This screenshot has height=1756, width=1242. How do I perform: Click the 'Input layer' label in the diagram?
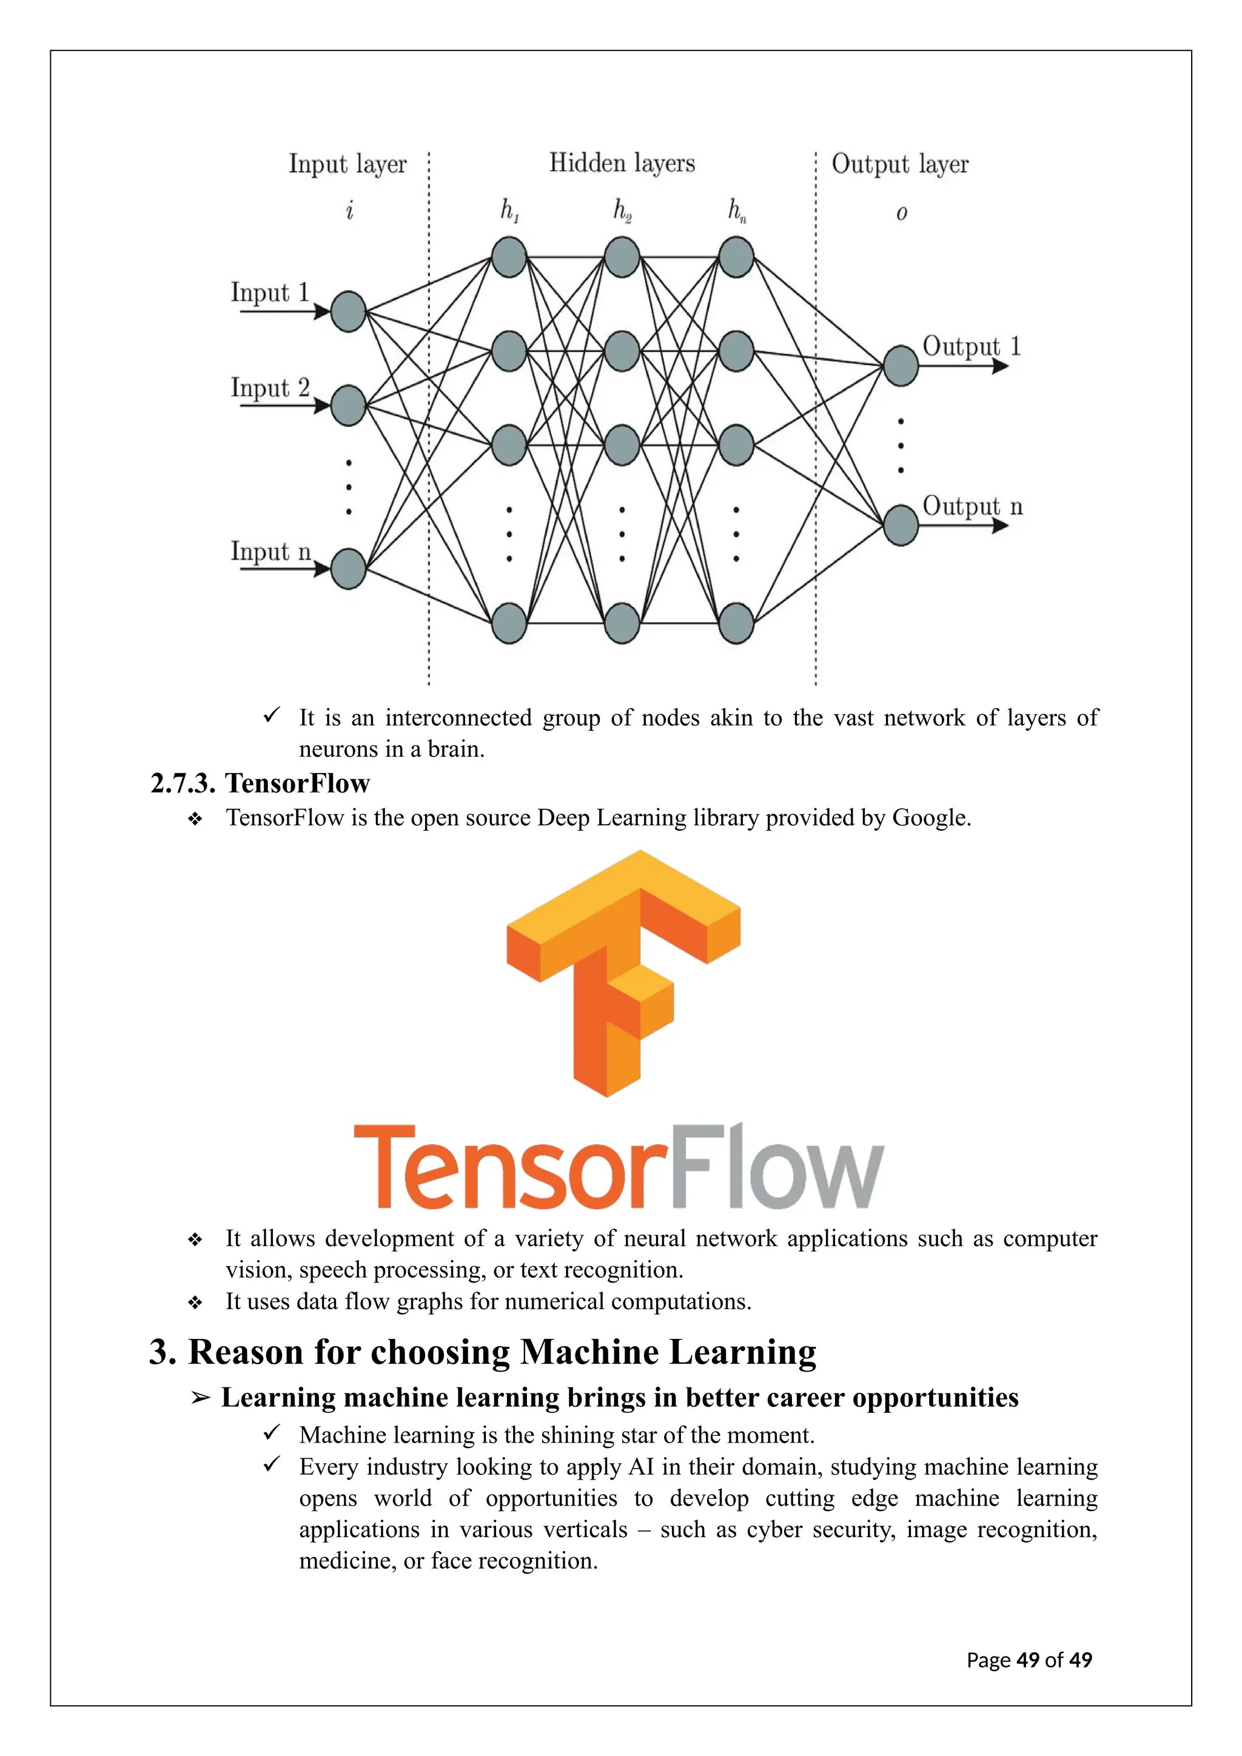(x=347, y=164)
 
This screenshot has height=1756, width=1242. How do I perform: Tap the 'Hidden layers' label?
(x=622, y=163)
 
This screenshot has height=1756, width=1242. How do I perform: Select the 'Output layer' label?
(x=899, y=164)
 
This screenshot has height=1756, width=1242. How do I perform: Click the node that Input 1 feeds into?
(x=349, y=311)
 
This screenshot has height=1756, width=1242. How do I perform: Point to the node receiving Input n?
(x=349, y=568)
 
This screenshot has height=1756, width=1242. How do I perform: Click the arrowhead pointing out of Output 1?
(x=1000, y=366)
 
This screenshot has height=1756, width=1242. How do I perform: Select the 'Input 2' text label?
(x=270, y=387)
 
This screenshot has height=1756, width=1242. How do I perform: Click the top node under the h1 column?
(x=509, y=257)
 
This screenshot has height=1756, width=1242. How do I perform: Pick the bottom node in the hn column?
(x=736, y=623)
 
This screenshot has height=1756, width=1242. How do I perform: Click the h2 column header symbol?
(x=622, y=210)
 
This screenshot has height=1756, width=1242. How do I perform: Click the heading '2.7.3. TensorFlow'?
(x=260, y=783)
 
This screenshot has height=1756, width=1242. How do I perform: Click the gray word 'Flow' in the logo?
(x=777, y=1167)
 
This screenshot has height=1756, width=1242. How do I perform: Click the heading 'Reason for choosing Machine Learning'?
(x=483, y=1352)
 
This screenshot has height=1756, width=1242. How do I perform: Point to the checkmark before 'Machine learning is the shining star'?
(x=272, y=1432)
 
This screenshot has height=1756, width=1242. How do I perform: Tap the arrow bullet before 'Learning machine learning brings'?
(x=200, y=1398)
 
